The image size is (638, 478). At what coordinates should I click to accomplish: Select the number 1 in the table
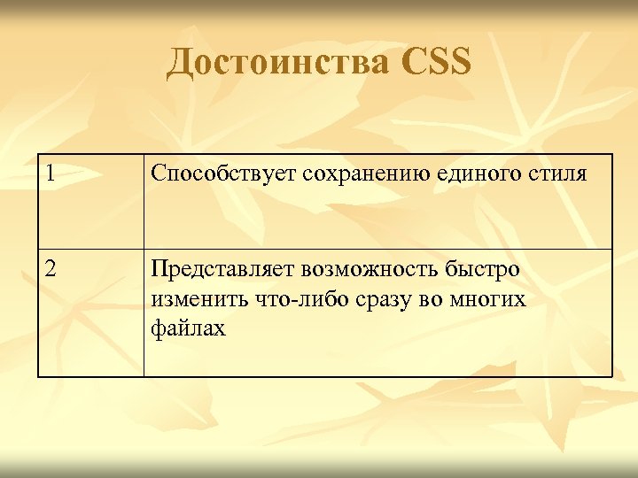tap(52, 173)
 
